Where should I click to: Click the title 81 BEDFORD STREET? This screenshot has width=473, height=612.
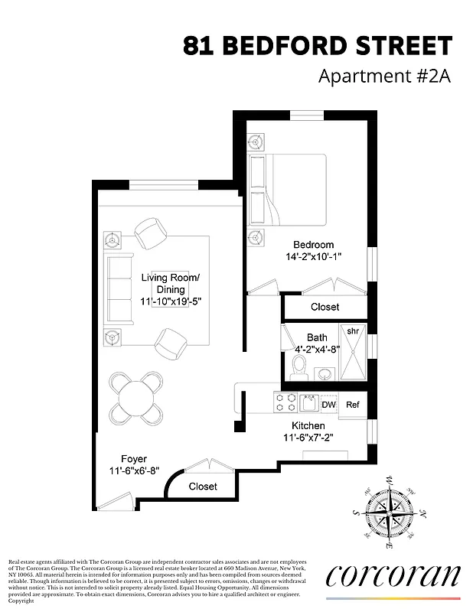coord(318,46)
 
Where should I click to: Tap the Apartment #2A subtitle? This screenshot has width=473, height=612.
coord(384,77)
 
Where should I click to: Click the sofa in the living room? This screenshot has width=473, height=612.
coord(119,289)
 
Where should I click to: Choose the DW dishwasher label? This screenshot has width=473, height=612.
coord(328,405)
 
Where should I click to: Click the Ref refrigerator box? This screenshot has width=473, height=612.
coord(352,405)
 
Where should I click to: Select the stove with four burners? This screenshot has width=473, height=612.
coord(285,403)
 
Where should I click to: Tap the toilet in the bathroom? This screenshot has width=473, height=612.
coord(300,367)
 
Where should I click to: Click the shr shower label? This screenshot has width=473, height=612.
coord(353,331)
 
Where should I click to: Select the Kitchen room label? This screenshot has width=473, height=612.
coord(308,425)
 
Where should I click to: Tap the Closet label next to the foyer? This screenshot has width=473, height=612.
coord(203,486)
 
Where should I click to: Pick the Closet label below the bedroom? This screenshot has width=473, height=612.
coord(325,307)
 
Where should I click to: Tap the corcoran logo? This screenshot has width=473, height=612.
coord(393,575)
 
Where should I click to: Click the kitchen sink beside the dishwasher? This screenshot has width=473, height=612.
coord(308,403)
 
